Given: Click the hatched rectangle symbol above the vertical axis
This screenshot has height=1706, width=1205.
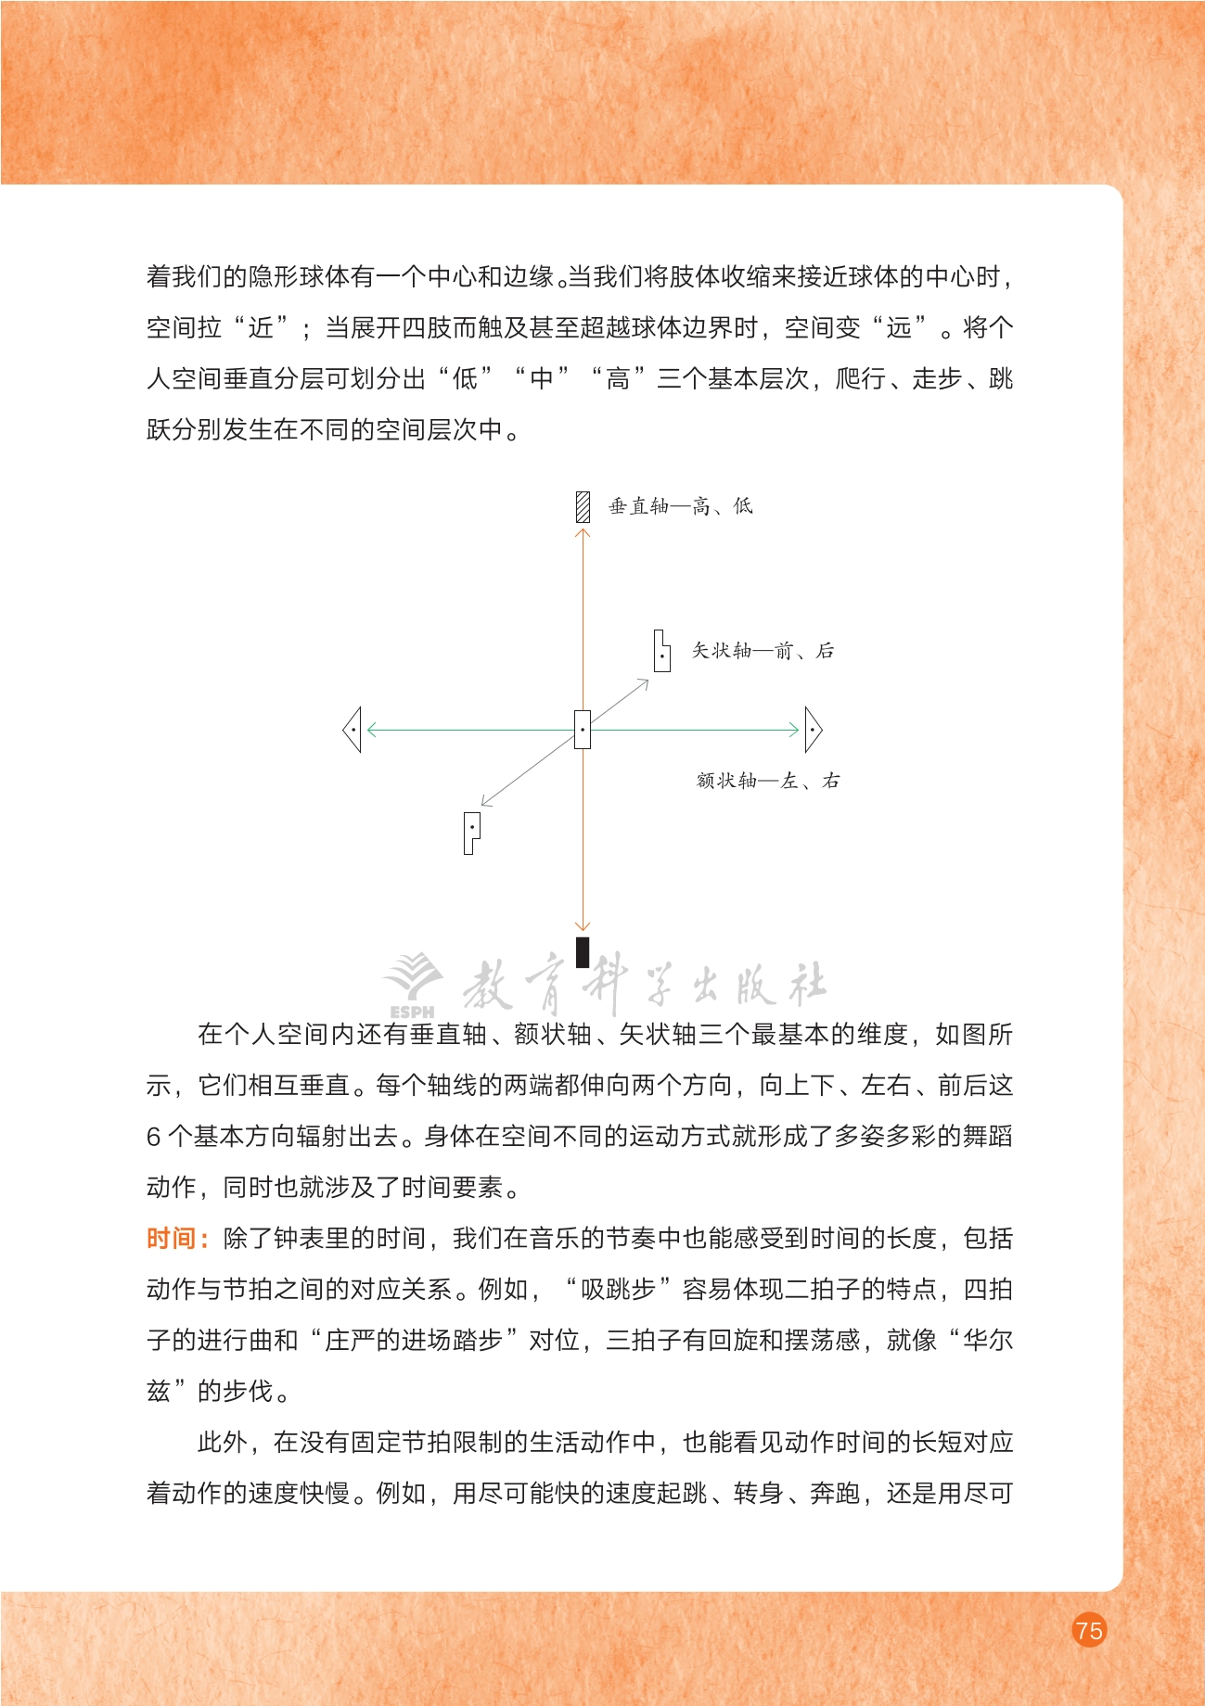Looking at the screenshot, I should click(x=583, y=506).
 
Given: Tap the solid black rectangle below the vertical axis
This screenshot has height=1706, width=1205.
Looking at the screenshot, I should click(x=583, y=952).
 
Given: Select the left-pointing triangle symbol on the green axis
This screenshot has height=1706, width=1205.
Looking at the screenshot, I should click(x=353, y=730).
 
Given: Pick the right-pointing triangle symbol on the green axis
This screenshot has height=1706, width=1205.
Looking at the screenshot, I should click(x=813, y=730).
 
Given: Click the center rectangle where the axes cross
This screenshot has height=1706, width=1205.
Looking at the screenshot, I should click(x=583, y=730).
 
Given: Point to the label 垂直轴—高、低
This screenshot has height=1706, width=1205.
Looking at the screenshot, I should click(x=680, y=506).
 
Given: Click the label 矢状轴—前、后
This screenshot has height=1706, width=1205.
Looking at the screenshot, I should click(x=763, y=651).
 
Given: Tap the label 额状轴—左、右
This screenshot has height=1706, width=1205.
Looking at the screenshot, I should click(x=768, y=781).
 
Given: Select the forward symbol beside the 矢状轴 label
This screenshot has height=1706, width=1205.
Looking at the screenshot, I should click(x=661, y=651).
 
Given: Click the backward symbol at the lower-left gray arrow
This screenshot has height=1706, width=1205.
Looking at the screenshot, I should click(x=471, y=832).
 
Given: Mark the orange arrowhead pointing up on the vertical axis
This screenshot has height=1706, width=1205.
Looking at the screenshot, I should click(x=583, y=533).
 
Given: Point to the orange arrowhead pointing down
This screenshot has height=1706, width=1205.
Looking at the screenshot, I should click(x=583, y=924).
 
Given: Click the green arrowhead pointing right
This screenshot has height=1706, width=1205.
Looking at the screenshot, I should click(x=794, y=730).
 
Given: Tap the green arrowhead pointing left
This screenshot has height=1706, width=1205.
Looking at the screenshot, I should click(x=372, y=730).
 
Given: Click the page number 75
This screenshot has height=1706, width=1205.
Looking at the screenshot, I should click(x=1089, y=1629).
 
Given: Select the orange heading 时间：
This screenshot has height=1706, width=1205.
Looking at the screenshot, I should click(x=177, y=1239).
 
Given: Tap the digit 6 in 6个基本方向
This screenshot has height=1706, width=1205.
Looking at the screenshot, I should click(x=154, y=1137).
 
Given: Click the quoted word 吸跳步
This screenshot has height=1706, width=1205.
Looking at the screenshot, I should click(x=618, y=1290).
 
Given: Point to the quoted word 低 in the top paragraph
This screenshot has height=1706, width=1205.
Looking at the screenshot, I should click(x=465, y=378).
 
